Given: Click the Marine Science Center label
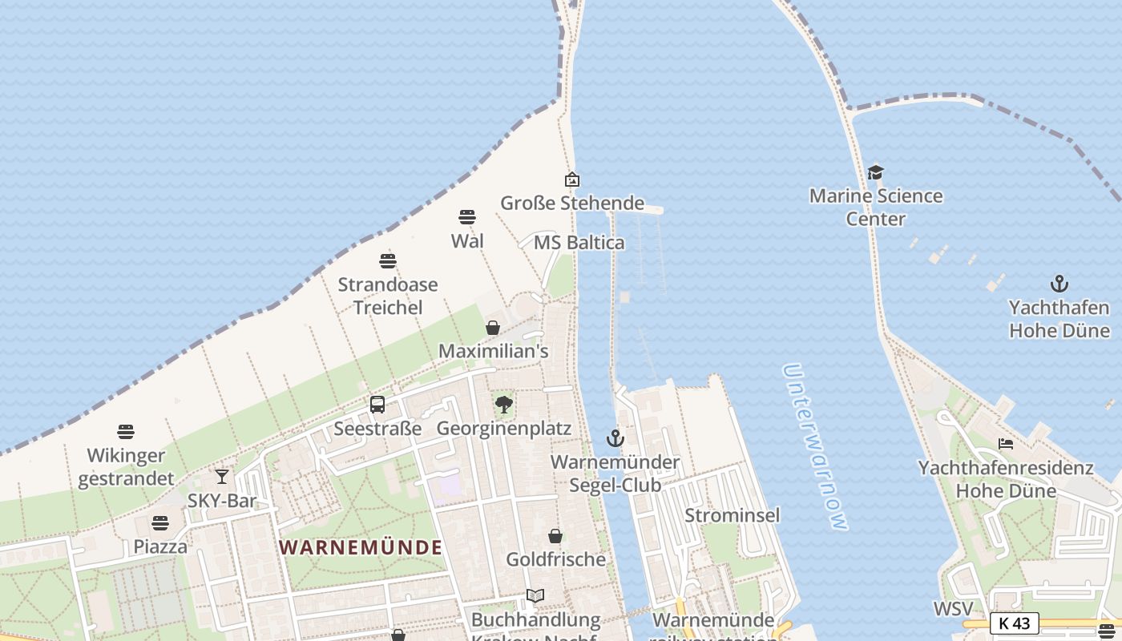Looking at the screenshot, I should (x=876, y=208).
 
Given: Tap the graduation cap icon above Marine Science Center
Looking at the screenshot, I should (x=875, y=172).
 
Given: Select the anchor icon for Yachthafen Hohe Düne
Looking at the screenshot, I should (x=1059, y=284).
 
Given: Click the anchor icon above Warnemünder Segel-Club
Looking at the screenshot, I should (x=615, y=438).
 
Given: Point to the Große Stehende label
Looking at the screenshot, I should (x=572, y=203).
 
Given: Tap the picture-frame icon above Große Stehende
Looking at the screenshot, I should (x=571, y=179).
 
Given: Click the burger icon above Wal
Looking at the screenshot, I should (x=467, y=217).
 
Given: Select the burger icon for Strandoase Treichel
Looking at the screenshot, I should (x=388, y=260).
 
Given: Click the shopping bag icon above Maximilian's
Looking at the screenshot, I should (x=493, y=328).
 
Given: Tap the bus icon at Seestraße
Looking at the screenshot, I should (x=377, y=405).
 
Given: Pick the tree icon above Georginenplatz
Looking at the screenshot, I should (x=503, y=405).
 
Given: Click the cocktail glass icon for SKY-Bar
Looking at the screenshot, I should (x=222, y=478).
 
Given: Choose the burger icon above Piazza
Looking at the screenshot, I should (x=160, y=523).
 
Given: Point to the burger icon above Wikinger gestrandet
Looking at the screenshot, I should (x=126, y=432).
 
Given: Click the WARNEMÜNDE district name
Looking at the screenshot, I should (x=361, y=547).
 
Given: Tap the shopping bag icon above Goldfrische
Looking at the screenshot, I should (x=555, y=536).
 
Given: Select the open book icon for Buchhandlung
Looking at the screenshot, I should (x=535, y=596).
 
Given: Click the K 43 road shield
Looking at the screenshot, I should (x=1014, y=623).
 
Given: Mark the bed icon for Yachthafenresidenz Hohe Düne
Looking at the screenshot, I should (x=1006, y=444).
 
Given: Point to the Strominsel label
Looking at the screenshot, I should (x=732, y=515).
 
